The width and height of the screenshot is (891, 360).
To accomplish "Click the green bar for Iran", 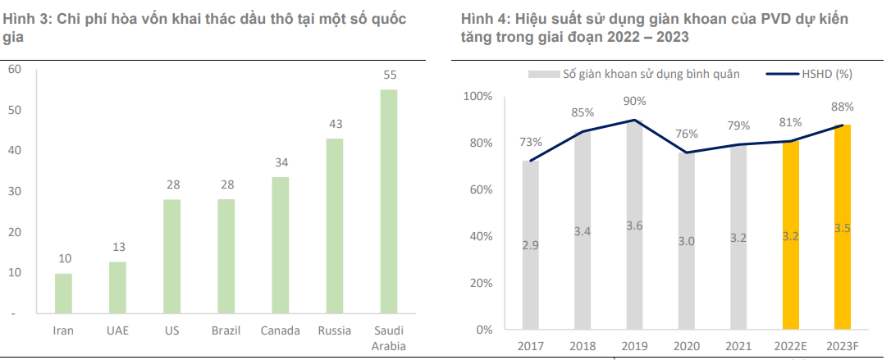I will coord(63,294).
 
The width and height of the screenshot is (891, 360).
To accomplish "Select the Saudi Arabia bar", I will coord(388,201).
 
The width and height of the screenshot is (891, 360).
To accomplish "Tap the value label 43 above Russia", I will coord(336,124).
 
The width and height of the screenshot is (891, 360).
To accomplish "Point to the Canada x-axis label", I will coord(280,330).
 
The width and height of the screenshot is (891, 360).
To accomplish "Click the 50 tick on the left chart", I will coord(14,110).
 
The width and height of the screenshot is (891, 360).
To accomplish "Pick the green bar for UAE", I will coord(117,288).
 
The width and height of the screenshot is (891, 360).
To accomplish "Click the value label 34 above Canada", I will coord(281,162).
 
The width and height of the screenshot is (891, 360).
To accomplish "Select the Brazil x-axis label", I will coord(226,330).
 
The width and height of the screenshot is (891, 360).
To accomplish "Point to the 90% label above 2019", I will coord(634,101).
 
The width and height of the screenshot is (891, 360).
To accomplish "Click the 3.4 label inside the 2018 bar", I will coord(583,231).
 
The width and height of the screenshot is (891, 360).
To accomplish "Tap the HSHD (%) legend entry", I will coord(828,74).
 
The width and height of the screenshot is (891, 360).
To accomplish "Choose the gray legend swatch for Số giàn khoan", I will coord(543,74).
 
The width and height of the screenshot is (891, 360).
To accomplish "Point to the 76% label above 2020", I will coord(686,134).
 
